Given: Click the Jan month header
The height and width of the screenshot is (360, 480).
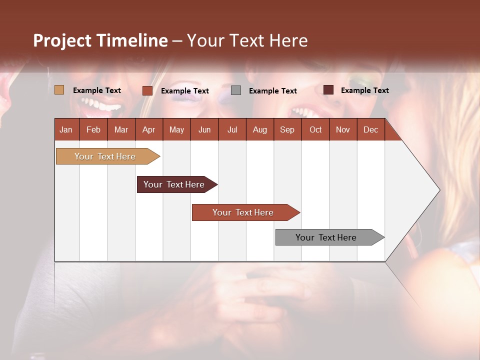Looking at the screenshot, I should [66, 129].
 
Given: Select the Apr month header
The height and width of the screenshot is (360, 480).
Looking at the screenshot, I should [149, 129].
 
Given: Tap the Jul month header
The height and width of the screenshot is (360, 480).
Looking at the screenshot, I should [232, 129].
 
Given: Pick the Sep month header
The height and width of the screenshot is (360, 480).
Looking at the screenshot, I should [287, 129].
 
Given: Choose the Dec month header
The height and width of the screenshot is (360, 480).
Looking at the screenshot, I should [370, 129].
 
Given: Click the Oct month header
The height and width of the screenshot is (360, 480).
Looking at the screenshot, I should [315, 129].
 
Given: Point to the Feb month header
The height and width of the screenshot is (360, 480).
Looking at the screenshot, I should [93, 129].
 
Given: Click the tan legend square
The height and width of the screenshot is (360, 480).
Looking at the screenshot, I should [59, 90].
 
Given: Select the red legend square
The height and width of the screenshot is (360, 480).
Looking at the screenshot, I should [147, 90].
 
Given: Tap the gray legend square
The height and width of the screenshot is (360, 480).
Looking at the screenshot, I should [236, 90].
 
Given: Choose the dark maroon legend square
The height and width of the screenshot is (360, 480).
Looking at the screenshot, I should [328, 90].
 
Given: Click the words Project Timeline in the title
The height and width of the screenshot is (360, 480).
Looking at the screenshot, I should [100, 40].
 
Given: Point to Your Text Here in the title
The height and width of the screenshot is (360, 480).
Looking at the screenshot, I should [247, 40].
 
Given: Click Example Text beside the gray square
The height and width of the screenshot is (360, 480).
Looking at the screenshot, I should [273, 91].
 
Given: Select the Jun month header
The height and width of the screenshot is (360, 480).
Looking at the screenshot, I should [204, 129].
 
